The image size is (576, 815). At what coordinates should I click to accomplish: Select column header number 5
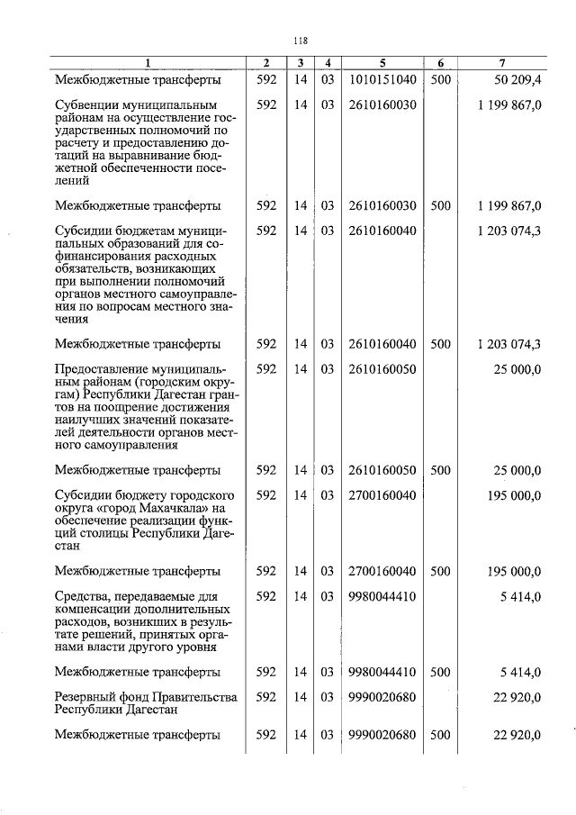(x=382, y=63)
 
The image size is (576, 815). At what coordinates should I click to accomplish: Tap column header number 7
(x=501, y=63)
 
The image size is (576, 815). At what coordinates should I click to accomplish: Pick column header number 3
(x=301, y=63)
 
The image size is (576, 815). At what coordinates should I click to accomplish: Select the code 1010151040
(x=382, y=79)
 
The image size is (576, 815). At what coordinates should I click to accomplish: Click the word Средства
(x=82, y=596)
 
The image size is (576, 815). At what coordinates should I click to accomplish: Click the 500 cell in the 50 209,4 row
(x=440, y=79)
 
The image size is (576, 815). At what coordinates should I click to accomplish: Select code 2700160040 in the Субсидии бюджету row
(x=382, y=495)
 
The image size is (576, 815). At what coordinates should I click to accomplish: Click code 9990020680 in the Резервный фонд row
(x=382, y=697)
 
